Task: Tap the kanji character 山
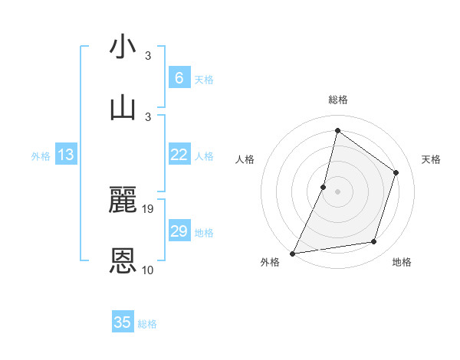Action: [x=123, y=106]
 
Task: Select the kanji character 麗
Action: [x=123, y=201]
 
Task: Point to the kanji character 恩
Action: [x=123, y=261]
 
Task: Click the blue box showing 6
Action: [x=179, y=78]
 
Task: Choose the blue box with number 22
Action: [x=179, y=155]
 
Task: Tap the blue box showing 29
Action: [x=179, y=231]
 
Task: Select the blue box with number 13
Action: [x=66, y=155]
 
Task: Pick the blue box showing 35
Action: [x=123, y=322]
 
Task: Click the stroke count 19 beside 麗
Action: [x=149, y=209]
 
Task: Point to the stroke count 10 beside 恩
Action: [x=148, y=270]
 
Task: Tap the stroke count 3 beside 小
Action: [x=148, y=56]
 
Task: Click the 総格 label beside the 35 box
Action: [x=147, y=324]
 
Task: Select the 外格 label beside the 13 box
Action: [x=41, y=156]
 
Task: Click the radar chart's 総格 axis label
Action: [x=337, y=100]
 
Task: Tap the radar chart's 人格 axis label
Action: [x=245, y=159]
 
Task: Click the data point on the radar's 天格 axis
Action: [x=396, y=172]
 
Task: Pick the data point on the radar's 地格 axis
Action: [x=374, y=242]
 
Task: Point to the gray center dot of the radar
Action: [x=337, y=191]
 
